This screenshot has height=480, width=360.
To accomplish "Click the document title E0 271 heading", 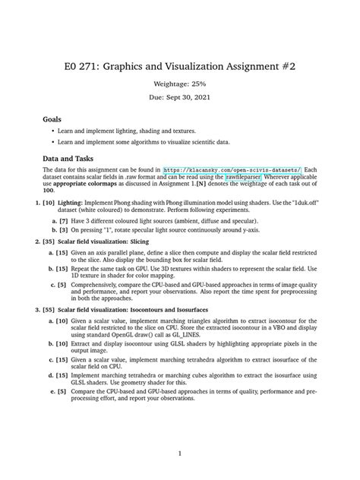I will coord(179,67).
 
